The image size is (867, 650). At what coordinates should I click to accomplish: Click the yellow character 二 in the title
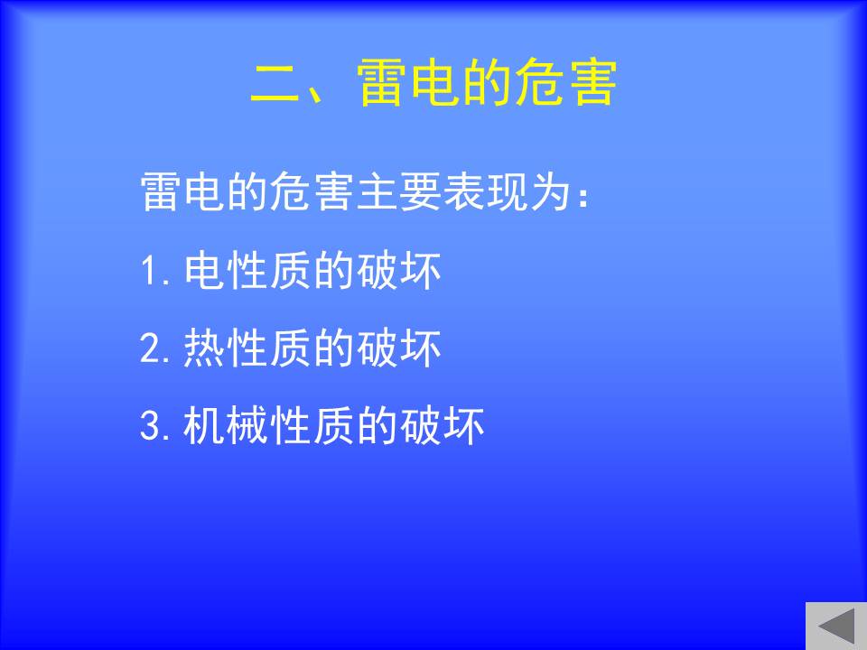coord(275,83)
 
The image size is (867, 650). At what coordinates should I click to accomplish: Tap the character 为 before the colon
coord(550,191)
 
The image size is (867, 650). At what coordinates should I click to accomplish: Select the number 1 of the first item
coord(149,271)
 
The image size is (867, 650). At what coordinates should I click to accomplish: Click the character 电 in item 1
coord(204,271)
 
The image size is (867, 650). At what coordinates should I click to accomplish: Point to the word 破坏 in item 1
coord(398,271)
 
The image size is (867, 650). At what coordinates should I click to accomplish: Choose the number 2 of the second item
coord(150,348)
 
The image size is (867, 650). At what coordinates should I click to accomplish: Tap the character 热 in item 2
coord(204,348)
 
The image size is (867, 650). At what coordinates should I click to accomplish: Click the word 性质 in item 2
coord(269,348)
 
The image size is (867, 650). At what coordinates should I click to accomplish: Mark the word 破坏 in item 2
coord(398,348)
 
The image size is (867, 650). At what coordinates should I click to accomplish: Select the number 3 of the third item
coord(150,425)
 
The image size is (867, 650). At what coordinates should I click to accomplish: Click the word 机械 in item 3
coord(226,425)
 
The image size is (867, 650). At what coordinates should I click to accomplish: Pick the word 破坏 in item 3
coord(442,425)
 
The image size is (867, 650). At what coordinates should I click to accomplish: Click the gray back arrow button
coord(836,627)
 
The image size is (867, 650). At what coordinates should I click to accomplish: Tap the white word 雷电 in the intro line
coord(182,191)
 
